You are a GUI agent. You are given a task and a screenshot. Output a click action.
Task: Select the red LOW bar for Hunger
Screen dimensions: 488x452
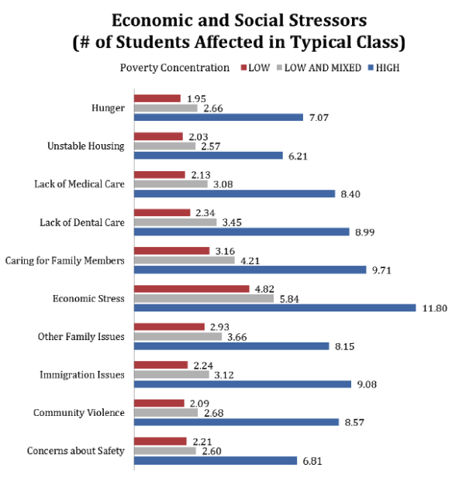point(157,98)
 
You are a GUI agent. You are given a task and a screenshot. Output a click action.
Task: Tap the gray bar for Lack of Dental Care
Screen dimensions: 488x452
point(175,222)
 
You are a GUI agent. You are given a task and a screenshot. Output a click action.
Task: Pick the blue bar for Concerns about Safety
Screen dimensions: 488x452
point(216,460)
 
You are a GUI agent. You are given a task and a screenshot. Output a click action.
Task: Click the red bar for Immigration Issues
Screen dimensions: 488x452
point(161,365)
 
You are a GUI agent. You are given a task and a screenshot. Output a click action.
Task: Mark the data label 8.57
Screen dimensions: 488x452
point(354,422)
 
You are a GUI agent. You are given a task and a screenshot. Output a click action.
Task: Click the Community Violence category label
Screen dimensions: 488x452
point(79,412)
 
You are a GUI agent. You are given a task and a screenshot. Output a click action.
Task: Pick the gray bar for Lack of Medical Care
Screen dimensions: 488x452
point(171,184)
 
